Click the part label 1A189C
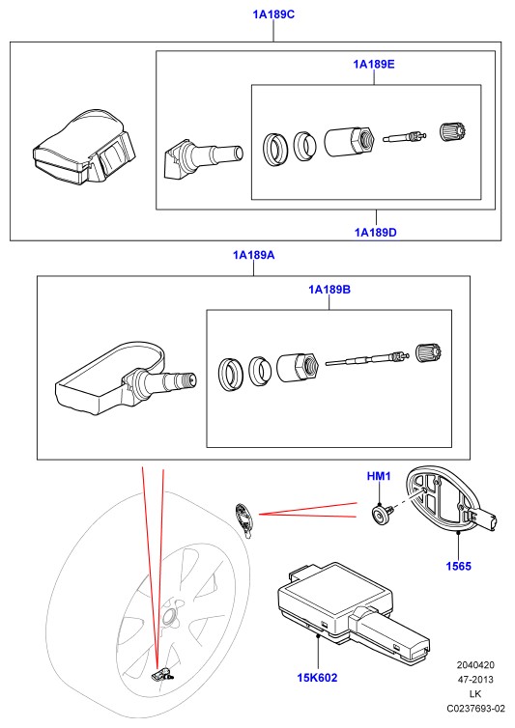coord(273,14)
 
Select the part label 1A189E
coord(374,64)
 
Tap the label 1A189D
coord(376,232)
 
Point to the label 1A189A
coord(254,255)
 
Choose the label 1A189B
coord(329,290)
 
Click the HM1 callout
coord(379,476)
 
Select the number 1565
coord(458,566)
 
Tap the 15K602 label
coord(317,678)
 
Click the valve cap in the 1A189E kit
coord(452,131)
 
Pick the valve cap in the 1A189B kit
coord(428,352)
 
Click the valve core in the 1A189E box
coord(405,136)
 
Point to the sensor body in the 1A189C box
coord(84,147)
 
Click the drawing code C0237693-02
coord(475,709)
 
